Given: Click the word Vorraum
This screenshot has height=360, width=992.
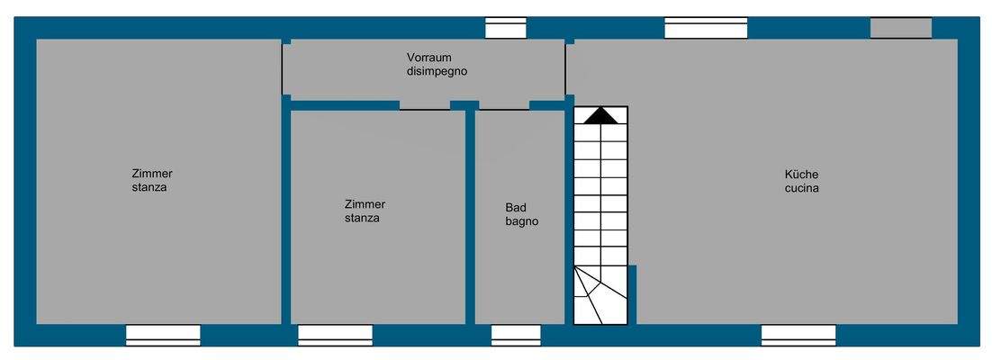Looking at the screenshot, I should (428, 58).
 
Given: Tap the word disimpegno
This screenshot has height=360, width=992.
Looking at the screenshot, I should (436, 71).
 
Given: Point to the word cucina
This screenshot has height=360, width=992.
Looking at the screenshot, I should (801, 188).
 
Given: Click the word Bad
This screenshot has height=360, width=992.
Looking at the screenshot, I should (515, 207).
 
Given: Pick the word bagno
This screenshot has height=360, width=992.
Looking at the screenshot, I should (521, 220).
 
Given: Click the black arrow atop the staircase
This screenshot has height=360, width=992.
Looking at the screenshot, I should (600, 115).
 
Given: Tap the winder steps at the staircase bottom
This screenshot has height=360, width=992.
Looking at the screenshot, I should (600, 295).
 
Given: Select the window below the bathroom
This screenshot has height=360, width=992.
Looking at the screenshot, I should (516, 335).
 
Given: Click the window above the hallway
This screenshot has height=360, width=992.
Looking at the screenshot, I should (506, 28).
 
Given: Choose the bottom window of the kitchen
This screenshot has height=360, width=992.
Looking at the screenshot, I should (798, 335).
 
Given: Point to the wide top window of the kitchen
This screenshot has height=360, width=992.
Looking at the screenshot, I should (706, 28).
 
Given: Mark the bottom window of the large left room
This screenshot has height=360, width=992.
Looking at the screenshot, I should (163, 335).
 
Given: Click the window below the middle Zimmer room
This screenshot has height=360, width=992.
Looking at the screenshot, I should (335, 335).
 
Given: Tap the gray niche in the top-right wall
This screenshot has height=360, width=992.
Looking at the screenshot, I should (900, 28).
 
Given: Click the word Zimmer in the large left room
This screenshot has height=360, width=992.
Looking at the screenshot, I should (152, 174).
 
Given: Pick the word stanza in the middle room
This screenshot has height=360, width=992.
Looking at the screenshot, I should (362, 218).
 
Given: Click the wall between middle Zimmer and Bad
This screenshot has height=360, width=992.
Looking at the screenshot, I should (470, 216).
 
